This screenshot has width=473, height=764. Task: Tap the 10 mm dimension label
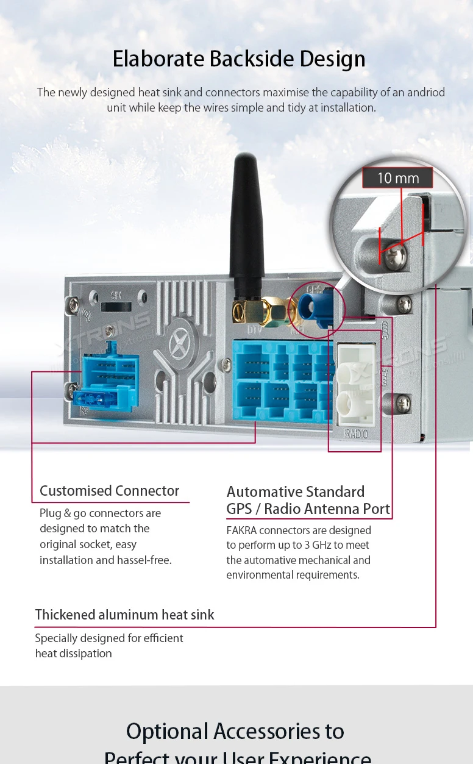coord(397,178)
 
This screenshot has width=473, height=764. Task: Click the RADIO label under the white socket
coord(356,434)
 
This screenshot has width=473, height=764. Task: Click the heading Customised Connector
coord(109,491)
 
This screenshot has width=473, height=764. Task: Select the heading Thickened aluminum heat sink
coord(124,615)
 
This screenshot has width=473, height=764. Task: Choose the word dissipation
coord(84,654)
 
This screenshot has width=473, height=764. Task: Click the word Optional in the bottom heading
coord(167,731)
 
